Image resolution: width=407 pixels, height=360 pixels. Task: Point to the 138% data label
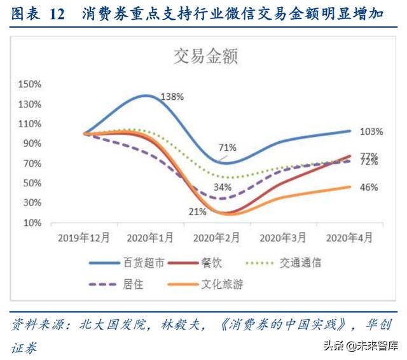click(172, 97)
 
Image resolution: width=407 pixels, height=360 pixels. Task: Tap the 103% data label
click(371, 132)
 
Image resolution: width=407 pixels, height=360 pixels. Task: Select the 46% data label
click(369, 188)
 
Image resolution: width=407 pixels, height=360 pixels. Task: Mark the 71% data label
click(228, 148)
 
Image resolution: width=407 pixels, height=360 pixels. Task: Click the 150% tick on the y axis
click(30, 84)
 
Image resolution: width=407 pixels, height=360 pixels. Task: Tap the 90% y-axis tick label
click(32, 144)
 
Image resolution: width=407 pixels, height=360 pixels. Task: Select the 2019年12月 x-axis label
click(84, 237)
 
